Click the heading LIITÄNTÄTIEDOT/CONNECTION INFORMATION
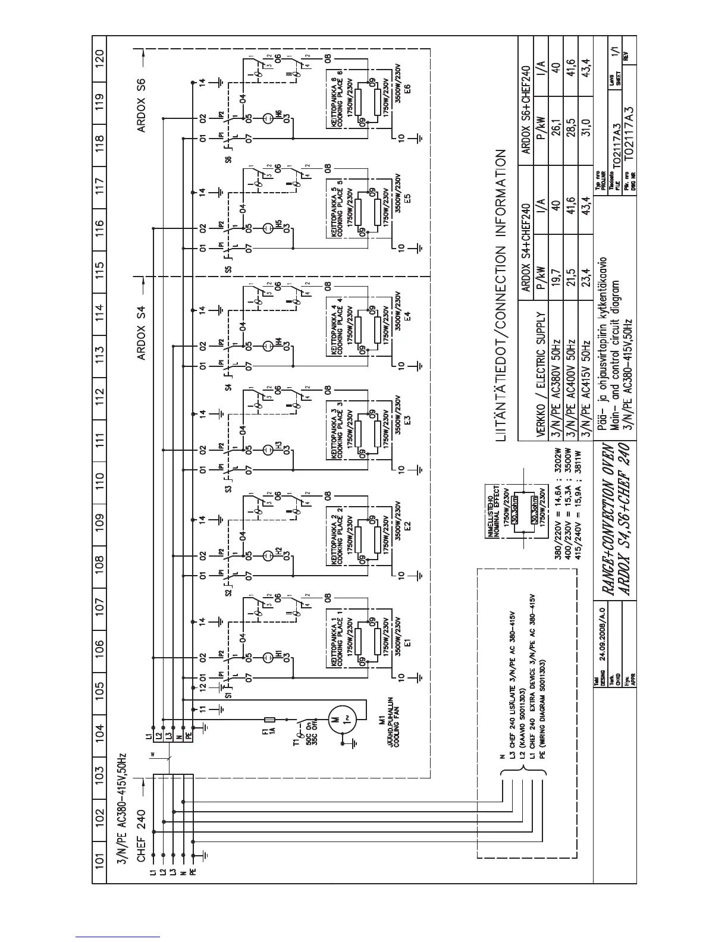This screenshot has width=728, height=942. (500, 296)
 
